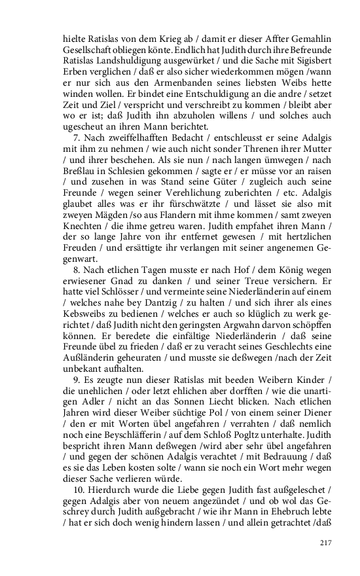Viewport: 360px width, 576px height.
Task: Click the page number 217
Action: pyautogui.click(x=326, y=543)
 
